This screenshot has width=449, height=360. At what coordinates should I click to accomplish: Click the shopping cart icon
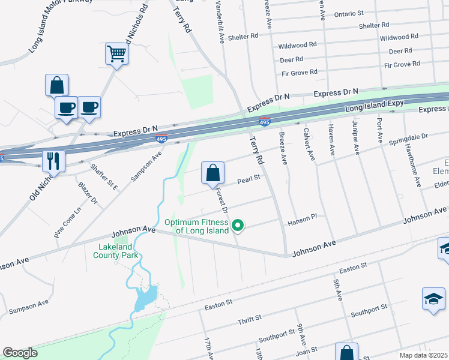[116, 54]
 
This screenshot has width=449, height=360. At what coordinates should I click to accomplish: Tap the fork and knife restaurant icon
[53, 161]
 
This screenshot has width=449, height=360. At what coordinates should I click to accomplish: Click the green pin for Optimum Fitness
[238, 226]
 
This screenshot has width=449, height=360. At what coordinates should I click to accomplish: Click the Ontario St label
[349, 13]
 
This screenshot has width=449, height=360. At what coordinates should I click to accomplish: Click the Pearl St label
[248, 178]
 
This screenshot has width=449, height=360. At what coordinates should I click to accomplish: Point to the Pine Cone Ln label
[67, 223]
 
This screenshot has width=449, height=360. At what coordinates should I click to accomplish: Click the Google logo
[20, 353]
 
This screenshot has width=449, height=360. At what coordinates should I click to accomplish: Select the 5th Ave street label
[339, 289]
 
